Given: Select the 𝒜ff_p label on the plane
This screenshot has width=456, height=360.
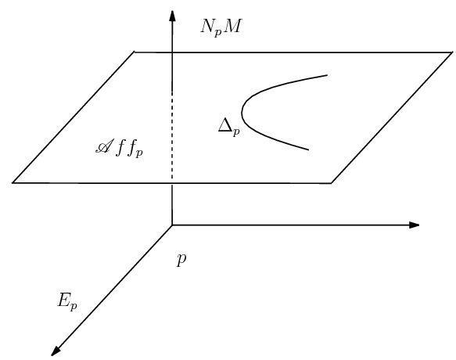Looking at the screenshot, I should point(118,148).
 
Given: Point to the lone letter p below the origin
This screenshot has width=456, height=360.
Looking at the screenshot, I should point(181,259).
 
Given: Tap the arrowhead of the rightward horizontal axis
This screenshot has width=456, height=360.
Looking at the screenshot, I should point(415,225).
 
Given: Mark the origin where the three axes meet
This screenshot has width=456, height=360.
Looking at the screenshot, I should point(172,225).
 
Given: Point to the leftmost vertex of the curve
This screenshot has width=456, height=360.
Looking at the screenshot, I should point(242,113).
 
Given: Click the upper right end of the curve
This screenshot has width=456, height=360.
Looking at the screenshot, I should point(326,75).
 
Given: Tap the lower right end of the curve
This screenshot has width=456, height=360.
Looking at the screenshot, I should point(309,149).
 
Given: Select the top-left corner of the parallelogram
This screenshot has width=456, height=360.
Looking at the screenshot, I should point(134,52).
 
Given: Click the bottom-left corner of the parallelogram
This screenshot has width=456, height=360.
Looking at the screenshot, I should point(13,182).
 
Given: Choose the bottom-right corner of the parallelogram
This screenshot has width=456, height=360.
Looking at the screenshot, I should point(332,182).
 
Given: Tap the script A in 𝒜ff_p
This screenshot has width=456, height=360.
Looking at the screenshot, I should point(100,146).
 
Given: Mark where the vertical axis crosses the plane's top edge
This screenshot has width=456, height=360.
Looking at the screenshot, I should point(172,52).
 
